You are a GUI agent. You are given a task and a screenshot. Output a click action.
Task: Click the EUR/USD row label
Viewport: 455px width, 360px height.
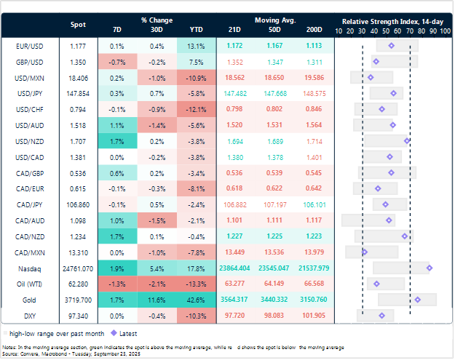tap(27, 46)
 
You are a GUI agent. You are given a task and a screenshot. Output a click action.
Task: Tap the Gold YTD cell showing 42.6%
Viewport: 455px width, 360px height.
tap(196, 299)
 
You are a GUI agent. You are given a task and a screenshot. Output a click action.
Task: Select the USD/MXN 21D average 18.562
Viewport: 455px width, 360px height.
tap(235, 77)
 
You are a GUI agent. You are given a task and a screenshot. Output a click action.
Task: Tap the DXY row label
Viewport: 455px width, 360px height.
tap(27, 315)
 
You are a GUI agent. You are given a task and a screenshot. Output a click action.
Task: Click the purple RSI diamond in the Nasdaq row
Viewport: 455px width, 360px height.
tap(429, 268)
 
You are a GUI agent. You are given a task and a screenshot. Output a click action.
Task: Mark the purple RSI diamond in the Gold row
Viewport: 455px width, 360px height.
tap(417, 299)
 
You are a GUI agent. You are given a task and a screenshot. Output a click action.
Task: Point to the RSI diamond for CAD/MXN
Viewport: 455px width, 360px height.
tap(364, 252)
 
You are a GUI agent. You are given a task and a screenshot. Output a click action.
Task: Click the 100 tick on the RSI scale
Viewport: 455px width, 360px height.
tap(444, 32)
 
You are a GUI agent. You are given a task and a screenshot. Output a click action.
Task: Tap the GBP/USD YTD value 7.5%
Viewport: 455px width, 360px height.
tap(196, 62)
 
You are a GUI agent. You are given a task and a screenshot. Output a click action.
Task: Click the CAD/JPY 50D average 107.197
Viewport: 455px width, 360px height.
tap(275, 204)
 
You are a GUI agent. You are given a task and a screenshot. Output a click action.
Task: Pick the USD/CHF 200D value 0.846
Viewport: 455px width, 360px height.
tap(314, 109)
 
